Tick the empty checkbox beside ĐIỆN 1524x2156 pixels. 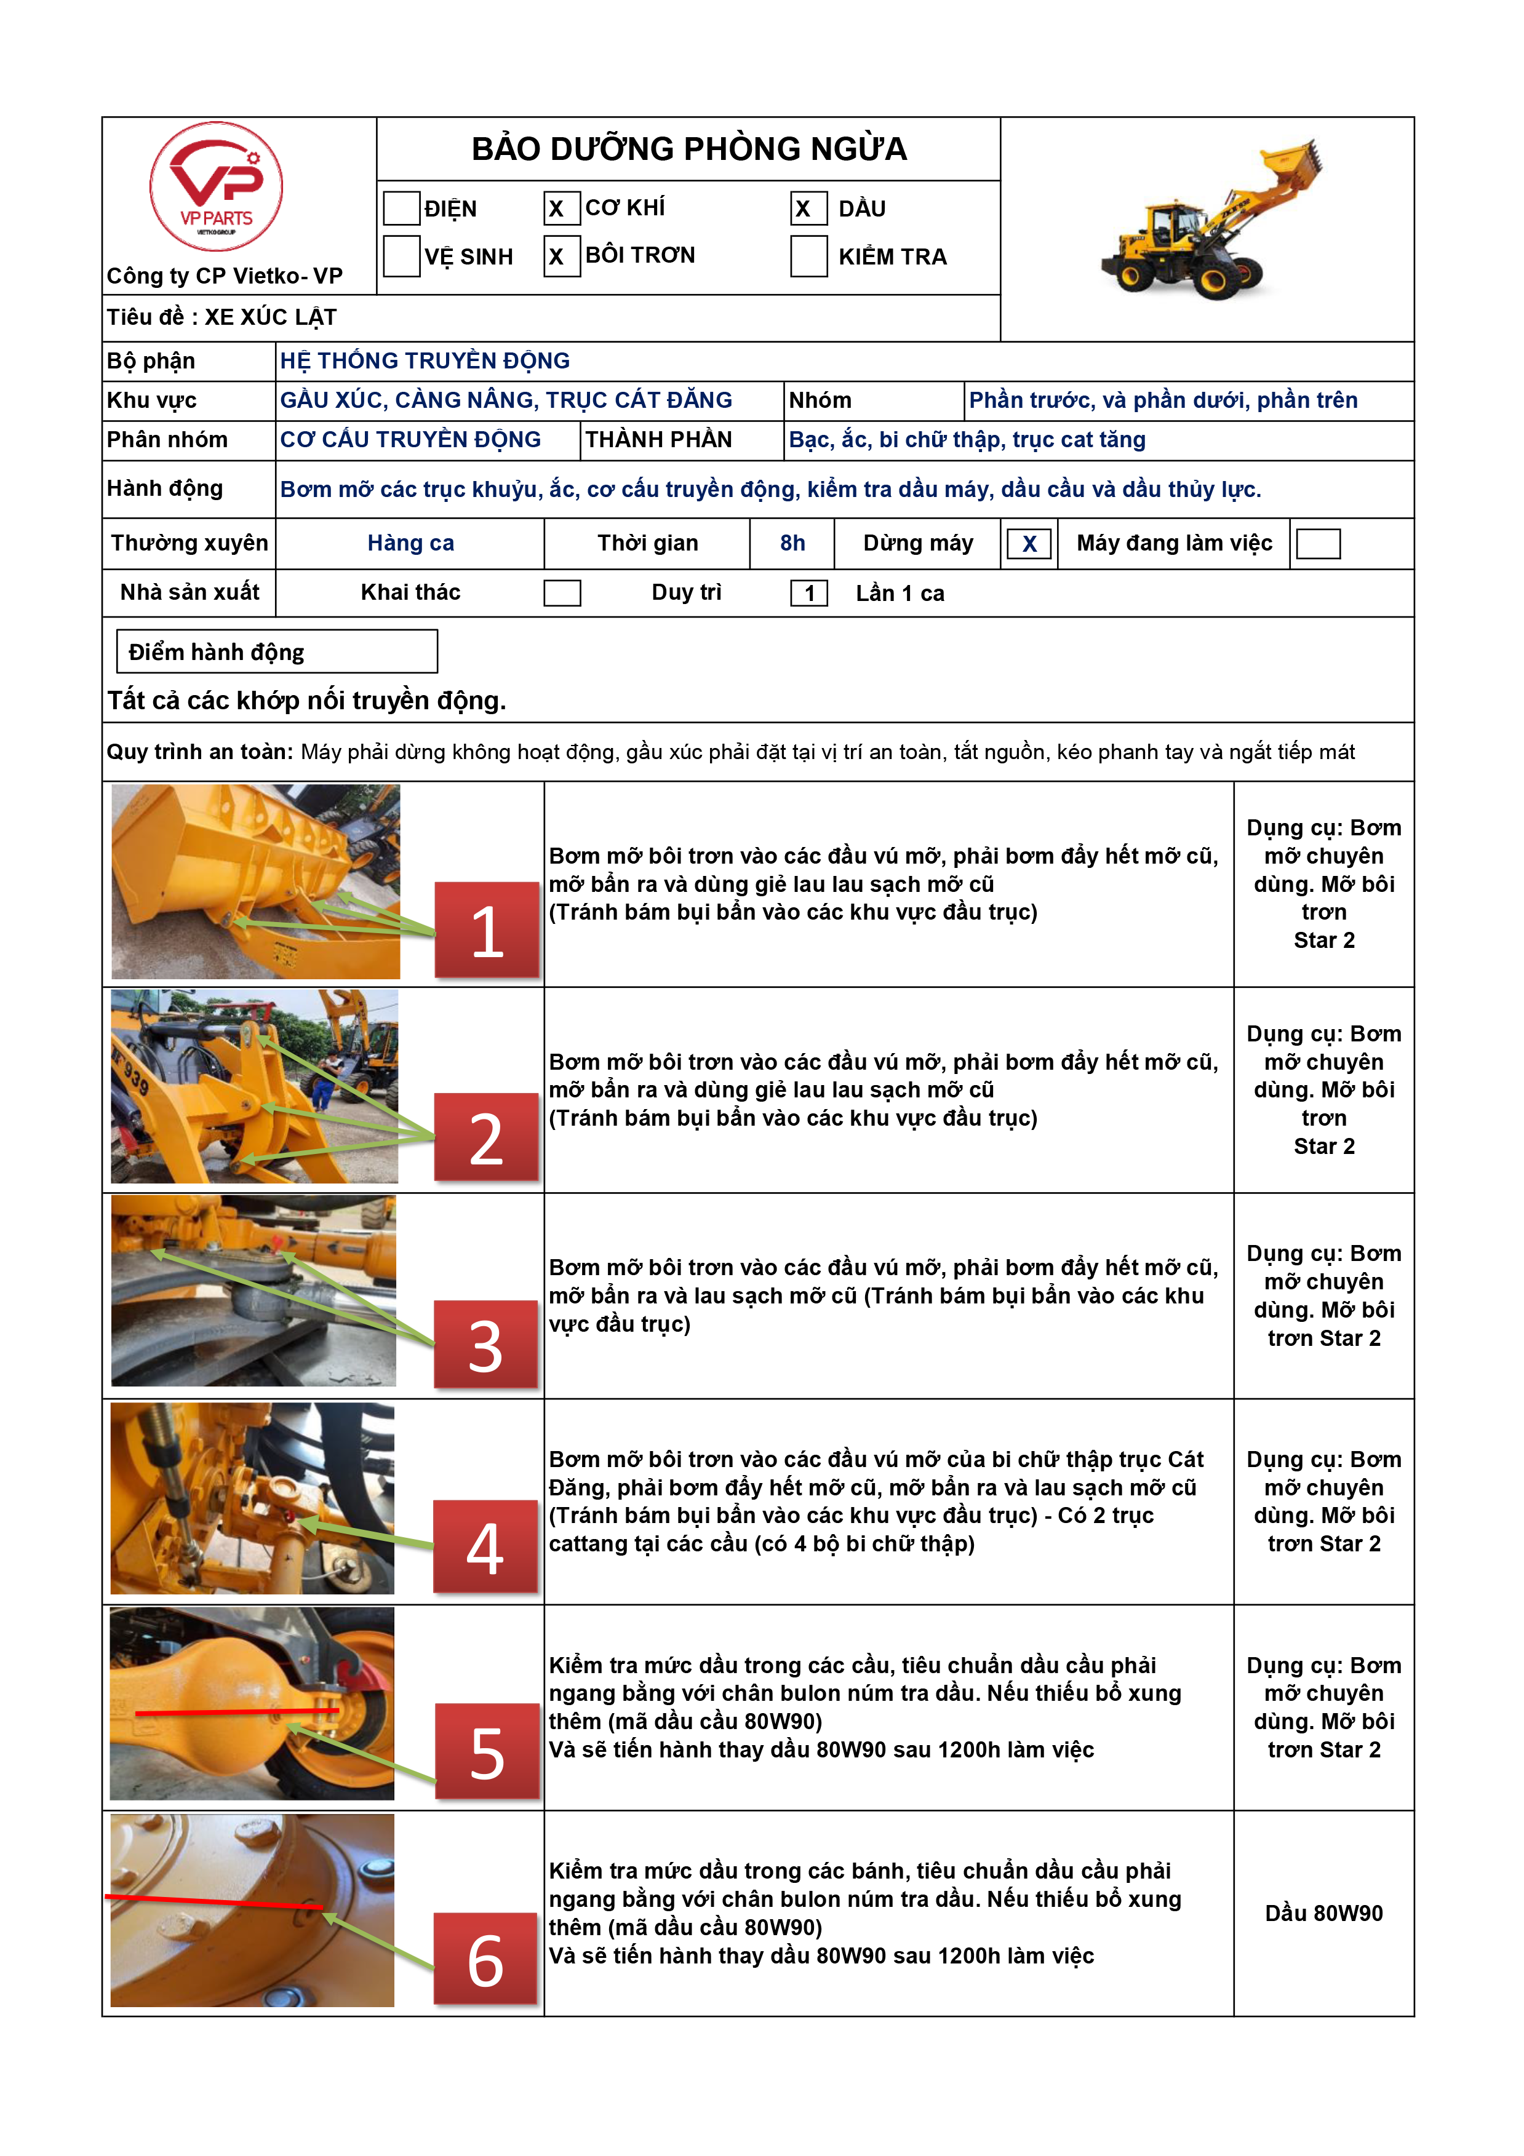click(x=401, y=209)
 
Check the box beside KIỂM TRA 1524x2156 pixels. click(x=808, y=257)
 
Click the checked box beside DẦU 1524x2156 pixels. click(x=808, y=209)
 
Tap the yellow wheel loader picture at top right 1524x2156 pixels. click(x=1211, y=221)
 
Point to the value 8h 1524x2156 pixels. click(x=792, y=543)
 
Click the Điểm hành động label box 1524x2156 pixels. click(x=276, y=651)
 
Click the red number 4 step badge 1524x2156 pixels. click(x=485, y=1546)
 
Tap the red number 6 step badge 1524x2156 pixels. click(x=485, y=1959)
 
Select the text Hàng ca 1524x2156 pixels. click(x=410, y=543)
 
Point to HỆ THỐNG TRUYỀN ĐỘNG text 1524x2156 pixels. click(x=425, y=360)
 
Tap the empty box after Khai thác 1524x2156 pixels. click(x=562, y=594)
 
